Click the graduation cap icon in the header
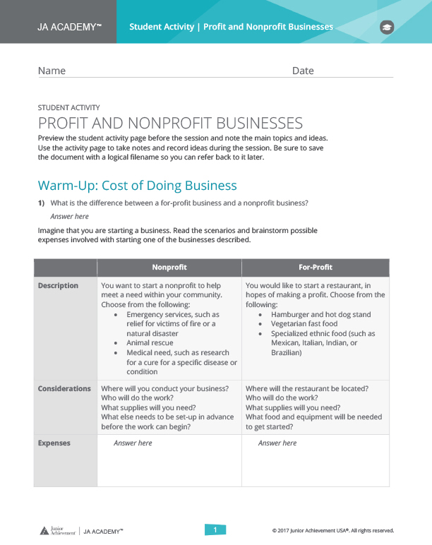387,28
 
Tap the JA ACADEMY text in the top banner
69,27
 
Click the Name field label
52,71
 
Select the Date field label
303,71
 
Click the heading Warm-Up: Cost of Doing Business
137,186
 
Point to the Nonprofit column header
169,268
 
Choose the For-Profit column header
316,268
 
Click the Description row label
58,286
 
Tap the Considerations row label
64,388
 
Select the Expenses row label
54,443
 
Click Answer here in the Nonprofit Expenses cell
133,443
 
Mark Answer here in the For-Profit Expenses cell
277,443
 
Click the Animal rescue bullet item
150,343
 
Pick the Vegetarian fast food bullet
304,324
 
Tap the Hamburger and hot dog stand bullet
320,315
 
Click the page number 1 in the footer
215,529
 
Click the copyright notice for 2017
332,530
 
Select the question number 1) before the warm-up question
42,203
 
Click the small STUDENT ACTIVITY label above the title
68,108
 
